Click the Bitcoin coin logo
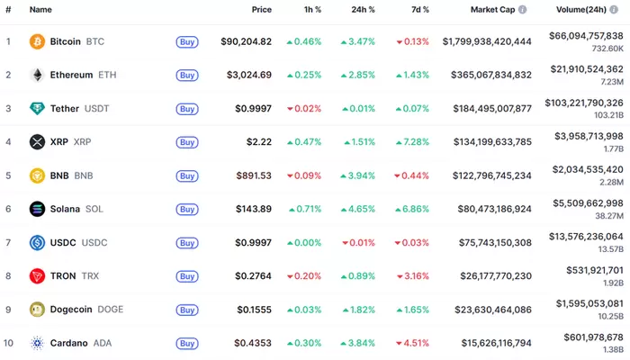point(37,41)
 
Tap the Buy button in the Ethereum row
point(186,75)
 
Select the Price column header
point(261,9)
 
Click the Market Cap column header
point(491,9)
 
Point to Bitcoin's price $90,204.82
point(246,41)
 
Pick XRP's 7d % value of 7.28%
point(415,142)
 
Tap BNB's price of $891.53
point(253,175)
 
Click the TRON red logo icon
point(37,275)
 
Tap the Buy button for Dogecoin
point(186,309)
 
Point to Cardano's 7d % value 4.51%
point(415,342)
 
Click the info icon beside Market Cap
point(522,9)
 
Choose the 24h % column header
point(364,9)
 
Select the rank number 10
point(9,342)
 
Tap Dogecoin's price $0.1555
point(253,309)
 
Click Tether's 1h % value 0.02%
point(307,109)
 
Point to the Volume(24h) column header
point(581,9)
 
